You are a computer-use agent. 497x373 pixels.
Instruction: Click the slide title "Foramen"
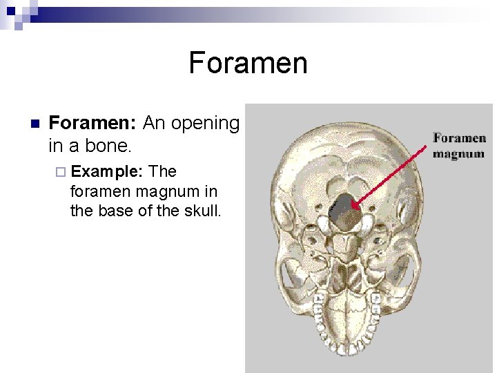tap(248, 64)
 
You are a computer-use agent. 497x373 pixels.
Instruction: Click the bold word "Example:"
tap(106, 171)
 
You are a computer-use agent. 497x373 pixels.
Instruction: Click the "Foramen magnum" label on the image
tap(459, 146)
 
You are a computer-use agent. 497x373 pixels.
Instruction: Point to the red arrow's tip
tap(353, 204)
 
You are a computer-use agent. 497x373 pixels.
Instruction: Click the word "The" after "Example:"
tap(163, 171)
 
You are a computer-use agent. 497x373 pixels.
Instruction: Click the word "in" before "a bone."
tap(57, 146)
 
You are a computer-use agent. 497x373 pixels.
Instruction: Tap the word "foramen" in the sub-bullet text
tap(101, 191)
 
